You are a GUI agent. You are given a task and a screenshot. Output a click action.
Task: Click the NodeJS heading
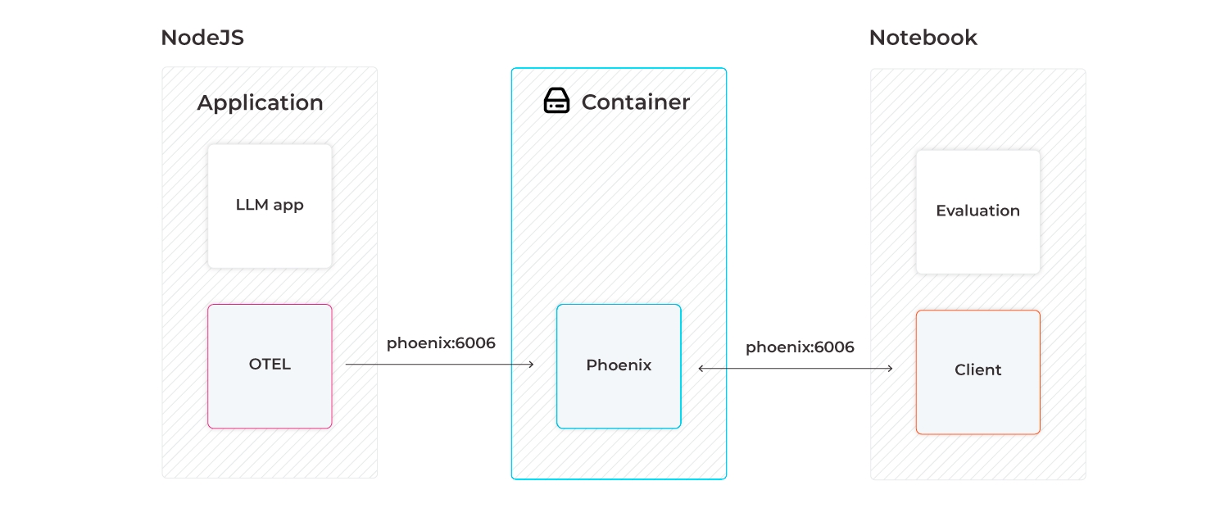[202, 38]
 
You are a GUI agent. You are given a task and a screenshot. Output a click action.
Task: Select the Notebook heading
[923, 38]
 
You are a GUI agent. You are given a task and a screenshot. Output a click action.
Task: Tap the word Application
[260, 103]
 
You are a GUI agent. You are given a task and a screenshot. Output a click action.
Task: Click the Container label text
[635, 102]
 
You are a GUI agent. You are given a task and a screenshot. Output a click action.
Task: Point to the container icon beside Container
[556, 102]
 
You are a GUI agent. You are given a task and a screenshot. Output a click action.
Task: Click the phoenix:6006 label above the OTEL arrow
[441, 343]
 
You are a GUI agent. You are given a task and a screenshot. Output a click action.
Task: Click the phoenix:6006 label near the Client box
[800, 347]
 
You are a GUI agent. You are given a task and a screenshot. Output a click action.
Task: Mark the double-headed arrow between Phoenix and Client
[795, 369]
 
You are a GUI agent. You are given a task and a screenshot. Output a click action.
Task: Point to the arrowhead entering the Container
[531, 365]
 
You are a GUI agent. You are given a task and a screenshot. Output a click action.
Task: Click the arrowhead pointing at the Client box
[890, 369]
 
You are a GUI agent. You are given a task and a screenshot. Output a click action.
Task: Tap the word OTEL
[270, 365]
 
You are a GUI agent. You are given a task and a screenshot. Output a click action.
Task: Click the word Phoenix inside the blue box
[619, 365]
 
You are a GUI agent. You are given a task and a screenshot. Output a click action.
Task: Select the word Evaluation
[977, 211]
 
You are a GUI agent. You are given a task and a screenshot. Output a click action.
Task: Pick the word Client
[977, 370]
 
